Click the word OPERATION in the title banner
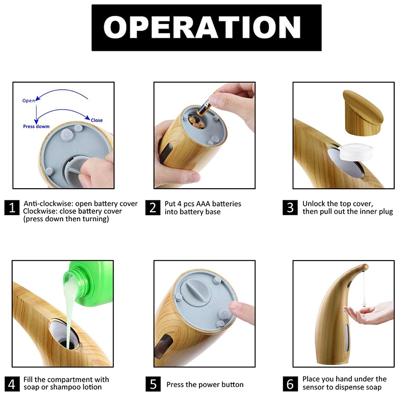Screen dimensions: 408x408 202,28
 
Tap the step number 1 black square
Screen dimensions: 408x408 12,208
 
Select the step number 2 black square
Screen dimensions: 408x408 152,208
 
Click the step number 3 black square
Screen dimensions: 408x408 290,208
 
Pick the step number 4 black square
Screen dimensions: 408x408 12,384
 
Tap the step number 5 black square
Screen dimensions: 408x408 153,384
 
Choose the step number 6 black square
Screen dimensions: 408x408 290,384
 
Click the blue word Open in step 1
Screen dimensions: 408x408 29,100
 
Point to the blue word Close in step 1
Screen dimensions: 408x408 96,120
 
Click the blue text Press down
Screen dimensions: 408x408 36,126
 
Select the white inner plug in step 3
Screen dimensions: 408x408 356,151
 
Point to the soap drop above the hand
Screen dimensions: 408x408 364,302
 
